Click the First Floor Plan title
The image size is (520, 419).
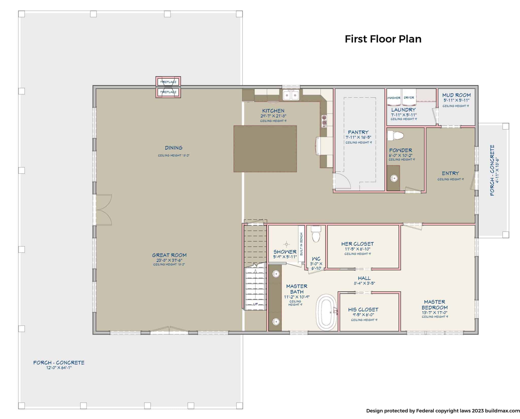coord(383,39)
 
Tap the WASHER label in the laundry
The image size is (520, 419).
coord(394,98)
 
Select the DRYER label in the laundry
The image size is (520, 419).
coord(409,98)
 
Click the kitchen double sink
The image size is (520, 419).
coord(291,95)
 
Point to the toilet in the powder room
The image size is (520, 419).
coord(395,136)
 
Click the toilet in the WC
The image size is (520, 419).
coord(316,234)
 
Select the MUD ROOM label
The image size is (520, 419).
coord(456,95)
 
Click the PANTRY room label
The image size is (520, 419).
coord(358,132)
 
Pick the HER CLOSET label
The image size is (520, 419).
coord(357,244)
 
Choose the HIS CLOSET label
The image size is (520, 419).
coord(363,310)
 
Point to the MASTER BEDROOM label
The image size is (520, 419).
coord(434,305)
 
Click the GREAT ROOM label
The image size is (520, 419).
coord(169,255)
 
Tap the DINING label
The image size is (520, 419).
coord(174,148)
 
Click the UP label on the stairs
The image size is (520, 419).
coord(255,304)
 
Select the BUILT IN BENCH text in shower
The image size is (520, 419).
coord(301,244)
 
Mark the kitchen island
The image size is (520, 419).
coord(265,149)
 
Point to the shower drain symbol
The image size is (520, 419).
coord(287,244)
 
